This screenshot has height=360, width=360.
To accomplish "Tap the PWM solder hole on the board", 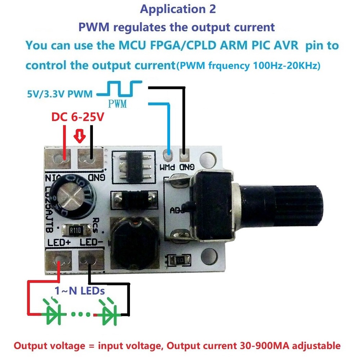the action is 167,156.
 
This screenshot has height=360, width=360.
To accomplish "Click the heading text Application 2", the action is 178,9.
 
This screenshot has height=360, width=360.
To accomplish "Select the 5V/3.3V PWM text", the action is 59,94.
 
